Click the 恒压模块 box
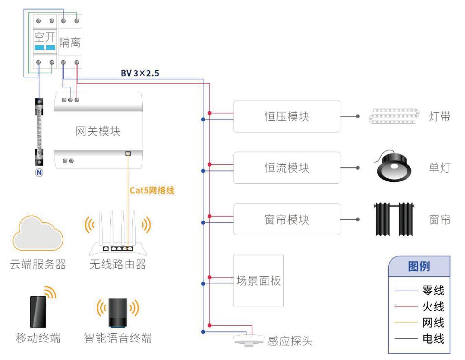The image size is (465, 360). tap(287, 116)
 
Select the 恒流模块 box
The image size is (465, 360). tap(287, 168)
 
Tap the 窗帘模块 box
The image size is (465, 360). tap(287, 219)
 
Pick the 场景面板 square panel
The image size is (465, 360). tap(258, 281)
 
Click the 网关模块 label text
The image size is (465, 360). tap(98, 131)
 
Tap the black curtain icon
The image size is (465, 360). tap(394, 219)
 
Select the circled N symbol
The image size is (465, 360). tap(40, 172)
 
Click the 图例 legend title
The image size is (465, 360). tap(419, 266)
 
